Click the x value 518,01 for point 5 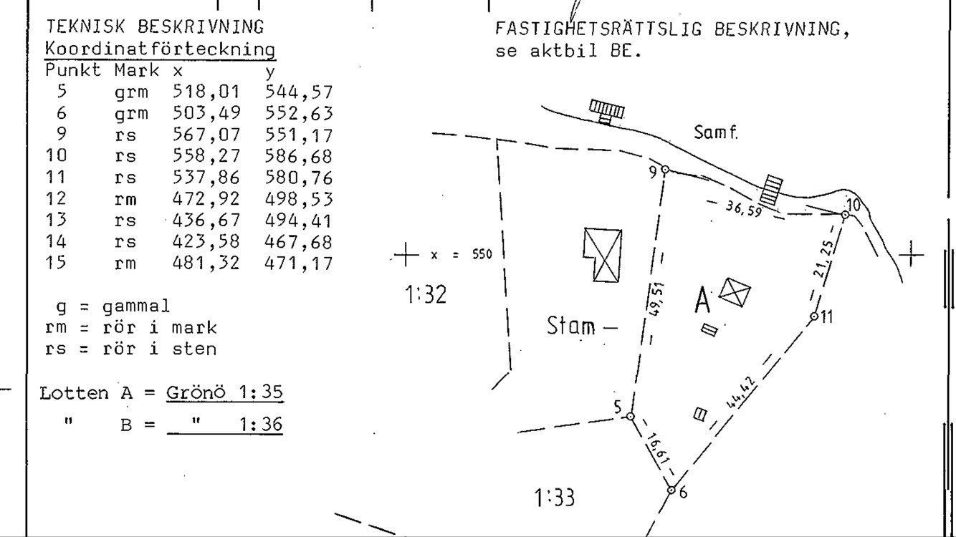tap(206, 92)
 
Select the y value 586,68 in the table tap(298, 157)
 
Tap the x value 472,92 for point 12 tap(206, 199)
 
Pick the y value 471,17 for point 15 tap(298, 263)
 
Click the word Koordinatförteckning tap(160, 49)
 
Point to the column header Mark tap(137, 70)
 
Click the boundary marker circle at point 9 tap(665, 170)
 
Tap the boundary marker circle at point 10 tap(845, 215)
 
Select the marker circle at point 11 tap(814, 316)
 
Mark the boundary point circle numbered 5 tap(631, 416)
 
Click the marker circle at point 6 tap(671, 490)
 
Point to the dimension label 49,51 tap(656, 299)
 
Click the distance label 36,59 tap(744, 209)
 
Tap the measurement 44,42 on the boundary tap(741, 393)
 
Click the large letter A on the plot tap(703, 300)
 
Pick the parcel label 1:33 tap(555, 498)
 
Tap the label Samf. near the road tap(716, 132)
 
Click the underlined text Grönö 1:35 tap(224, 392)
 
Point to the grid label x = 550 tap(462, 255)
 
